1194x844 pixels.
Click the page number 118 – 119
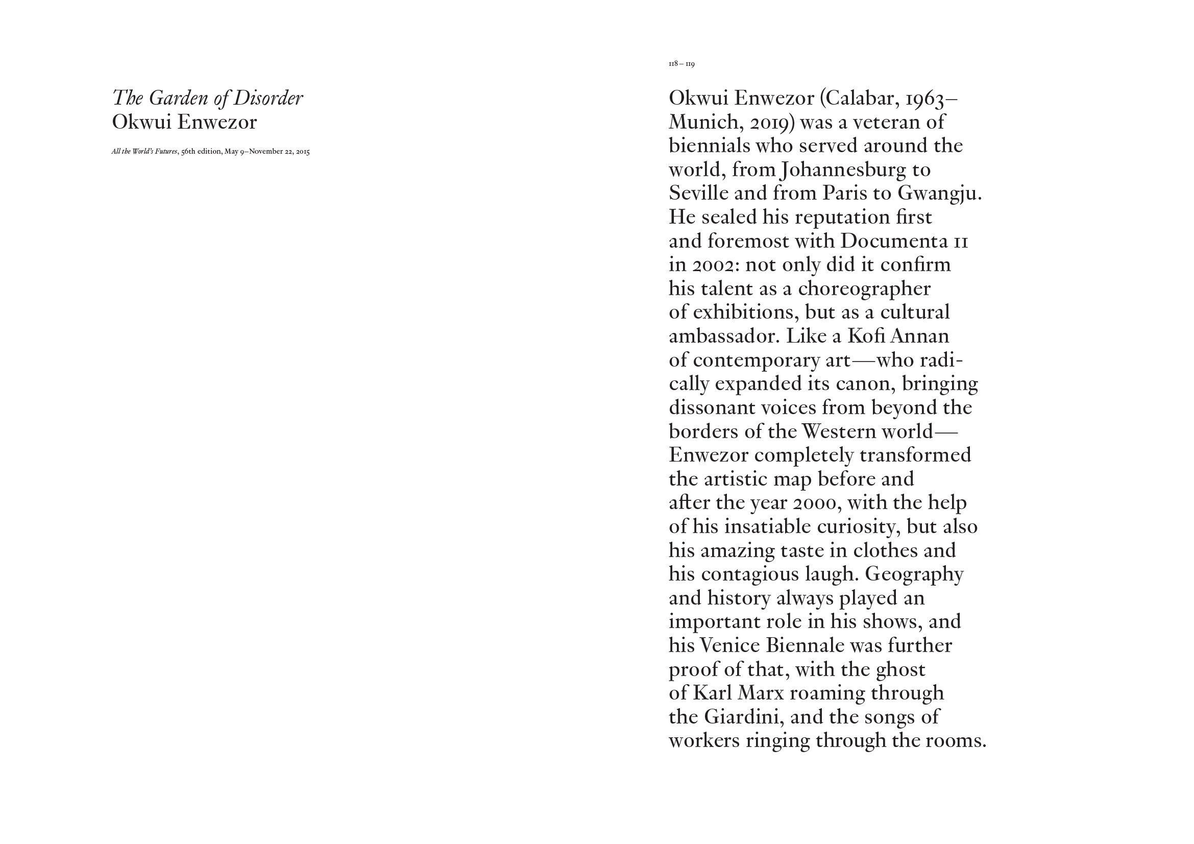681,64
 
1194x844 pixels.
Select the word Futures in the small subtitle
166,152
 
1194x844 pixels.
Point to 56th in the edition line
188,152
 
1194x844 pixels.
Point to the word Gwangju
939,194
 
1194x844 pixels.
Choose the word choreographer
864,289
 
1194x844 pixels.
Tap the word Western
841,431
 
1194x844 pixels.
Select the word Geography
914,574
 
